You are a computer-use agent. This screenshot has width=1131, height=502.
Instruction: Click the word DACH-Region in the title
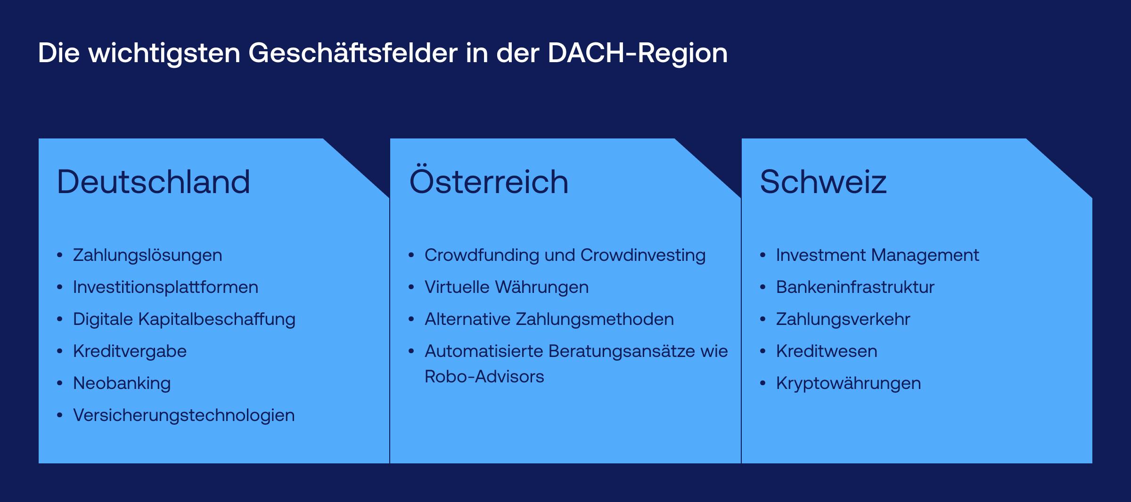click(638, 53)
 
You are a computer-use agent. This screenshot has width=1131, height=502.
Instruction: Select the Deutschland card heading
click(154, 182)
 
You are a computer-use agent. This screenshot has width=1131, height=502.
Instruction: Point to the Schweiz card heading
click(823, 182)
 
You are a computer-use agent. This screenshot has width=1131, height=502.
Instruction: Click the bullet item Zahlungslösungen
click(148, 255)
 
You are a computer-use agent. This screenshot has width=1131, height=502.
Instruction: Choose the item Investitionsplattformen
click(166, 287)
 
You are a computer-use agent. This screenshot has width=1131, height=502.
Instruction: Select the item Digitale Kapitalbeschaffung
click(184, 319)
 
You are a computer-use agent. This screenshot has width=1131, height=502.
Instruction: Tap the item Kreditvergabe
click(130, 351)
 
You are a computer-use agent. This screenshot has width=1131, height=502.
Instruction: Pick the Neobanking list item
click(122, 383)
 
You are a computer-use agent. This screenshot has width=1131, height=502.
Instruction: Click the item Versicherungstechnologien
click(184, 415)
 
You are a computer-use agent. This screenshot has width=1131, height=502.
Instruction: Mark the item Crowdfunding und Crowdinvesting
click(565, 255)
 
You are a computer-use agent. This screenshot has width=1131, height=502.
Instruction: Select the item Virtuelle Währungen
click(507, 287)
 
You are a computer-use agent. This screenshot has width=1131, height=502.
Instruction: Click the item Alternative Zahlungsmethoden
click(549, 319)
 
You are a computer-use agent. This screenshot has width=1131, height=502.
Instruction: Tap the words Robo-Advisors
click(484, 377)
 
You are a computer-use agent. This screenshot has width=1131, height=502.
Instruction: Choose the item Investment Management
click(877, 255)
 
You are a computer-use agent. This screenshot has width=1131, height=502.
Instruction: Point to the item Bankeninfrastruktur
click(855, 287)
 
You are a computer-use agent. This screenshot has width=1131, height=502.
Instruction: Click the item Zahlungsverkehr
click(843, 319)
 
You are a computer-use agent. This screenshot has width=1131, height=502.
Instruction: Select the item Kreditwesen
click(827, 351)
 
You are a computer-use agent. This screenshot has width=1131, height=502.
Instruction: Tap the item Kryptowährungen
click(849, 383)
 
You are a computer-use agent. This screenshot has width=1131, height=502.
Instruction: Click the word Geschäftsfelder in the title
click(353, 53)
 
